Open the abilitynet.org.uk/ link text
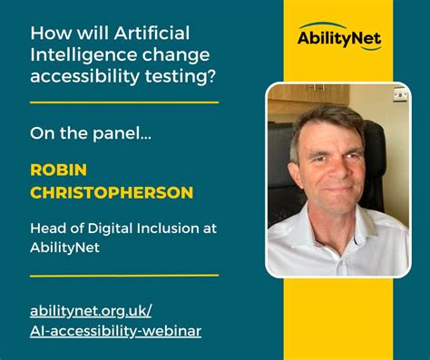[x=97, y=311]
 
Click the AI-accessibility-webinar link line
[x=116, y=331]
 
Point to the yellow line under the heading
[x=124, y=102]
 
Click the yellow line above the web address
[x=124, y=274]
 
